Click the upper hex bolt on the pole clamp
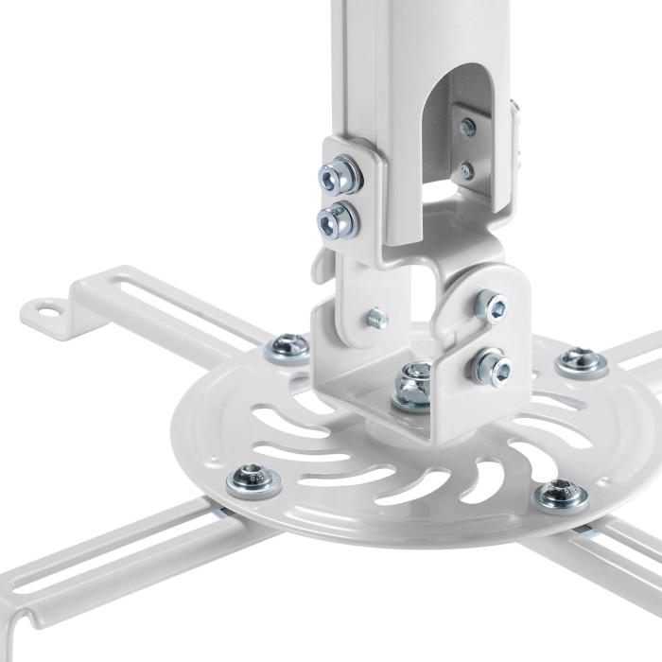tap(339, 177)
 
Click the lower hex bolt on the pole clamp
tap(337, 221)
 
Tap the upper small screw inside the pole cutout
tap(467, 127)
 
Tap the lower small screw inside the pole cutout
tap(465, 171)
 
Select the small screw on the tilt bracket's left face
tap(376, 318)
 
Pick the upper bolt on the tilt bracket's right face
tap(491, 305)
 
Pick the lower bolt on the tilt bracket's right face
tap(490, 365)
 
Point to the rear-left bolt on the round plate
tap(287, 347)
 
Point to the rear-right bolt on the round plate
tap(581, 360)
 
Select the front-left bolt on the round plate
tap(253, 479)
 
